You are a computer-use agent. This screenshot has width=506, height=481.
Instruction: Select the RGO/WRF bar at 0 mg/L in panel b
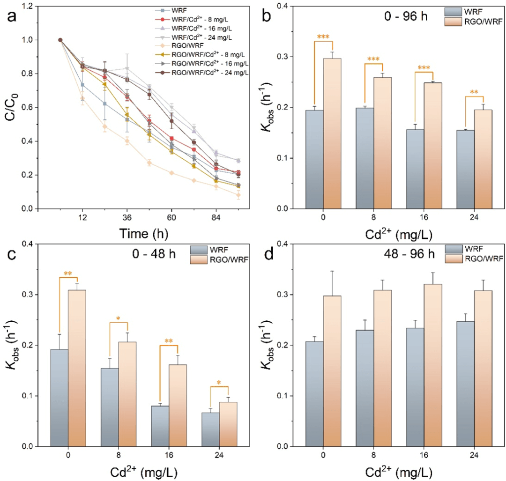coord(332,133)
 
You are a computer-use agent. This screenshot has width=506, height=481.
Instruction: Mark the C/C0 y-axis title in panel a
coord(12,107)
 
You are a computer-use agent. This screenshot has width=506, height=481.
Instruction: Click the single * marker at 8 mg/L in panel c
coord(119,319)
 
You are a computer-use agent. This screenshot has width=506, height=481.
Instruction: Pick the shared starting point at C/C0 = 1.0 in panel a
coord(60,40)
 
